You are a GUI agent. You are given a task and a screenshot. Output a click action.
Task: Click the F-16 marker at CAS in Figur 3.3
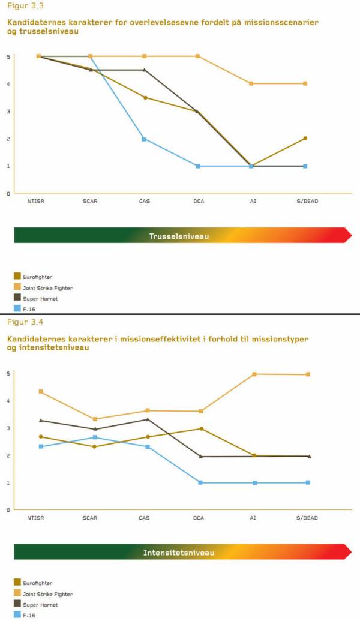tap(144, 139)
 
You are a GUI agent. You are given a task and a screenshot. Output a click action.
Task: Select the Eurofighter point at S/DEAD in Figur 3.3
tap(305, 138)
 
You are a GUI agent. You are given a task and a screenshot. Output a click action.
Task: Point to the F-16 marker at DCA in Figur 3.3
tap(197, 166)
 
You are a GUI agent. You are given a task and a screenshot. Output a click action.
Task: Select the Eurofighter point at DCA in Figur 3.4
tap(202, 428)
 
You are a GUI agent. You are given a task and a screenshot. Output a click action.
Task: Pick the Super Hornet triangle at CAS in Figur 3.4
tap(148, 419)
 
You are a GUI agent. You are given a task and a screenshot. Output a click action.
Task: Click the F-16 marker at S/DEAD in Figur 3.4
tap(308, 482)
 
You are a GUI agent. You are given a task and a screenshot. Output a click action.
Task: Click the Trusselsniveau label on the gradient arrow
tap(179, 236)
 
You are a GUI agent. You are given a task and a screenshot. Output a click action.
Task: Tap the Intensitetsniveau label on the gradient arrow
tap(179, 552)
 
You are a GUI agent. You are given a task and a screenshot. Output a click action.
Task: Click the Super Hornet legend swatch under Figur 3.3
tap(17, 298)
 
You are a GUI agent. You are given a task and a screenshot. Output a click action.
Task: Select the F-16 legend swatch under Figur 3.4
tap(17, 614)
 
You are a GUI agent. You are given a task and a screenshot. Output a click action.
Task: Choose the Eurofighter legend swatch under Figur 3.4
tap(17, 582)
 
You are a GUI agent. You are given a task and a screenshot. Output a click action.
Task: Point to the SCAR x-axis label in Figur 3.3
tap(91, 201)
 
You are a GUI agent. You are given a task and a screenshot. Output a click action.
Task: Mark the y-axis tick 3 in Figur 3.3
tap(8, 111)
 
